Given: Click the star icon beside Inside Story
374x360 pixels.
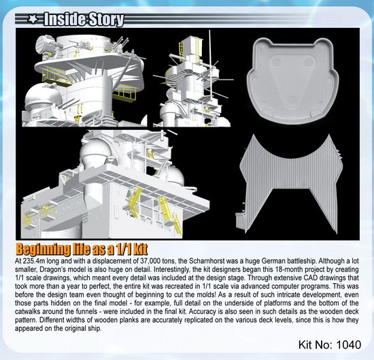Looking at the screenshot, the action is click(x=33, y=19).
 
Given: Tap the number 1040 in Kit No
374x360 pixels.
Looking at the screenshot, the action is click(x=349, y=345).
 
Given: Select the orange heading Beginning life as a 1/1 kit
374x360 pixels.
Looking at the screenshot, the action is click(x=82, y=250).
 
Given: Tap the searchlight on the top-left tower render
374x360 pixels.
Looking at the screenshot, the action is click(x=44, y=44).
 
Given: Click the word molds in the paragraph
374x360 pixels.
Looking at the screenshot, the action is click(x=205, y=295).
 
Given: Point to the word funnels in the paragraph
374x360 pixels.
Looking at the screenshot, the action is click(x=86, y=311).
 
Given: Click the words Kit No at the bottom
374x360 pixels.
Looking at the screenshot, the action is click(x=316, y=345).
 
